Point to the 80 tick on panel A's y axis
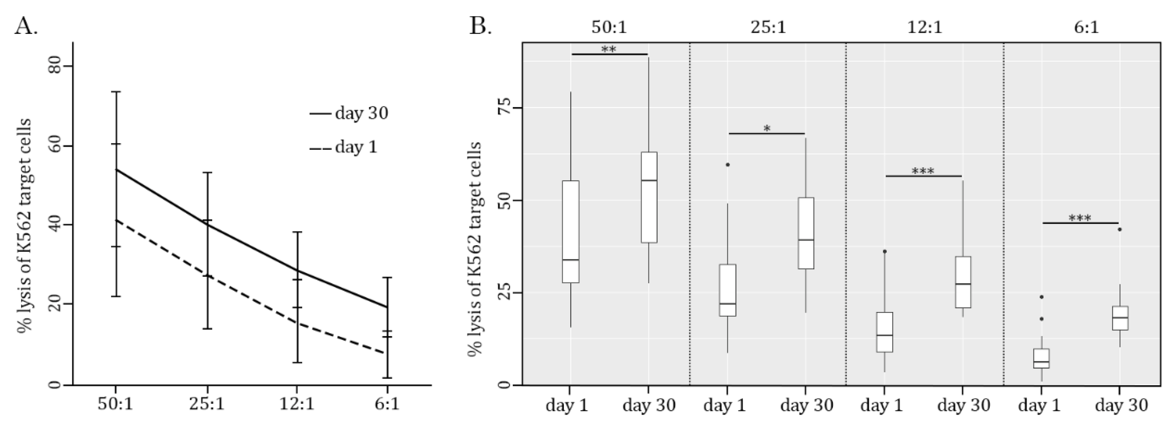(x=54, y=66)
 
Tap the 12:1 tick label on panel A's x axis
(x=297, y=404)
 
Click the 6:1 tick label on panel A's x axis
(x=387, y=404)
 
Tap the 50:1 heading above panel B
(x=609, y=27)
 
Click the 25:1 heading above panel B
(x=768, y=27)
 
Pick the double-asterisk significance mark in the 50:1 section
(x=609, y=49)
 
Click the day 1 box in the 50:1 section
(x=571, y=232)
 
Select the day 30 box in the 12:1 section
(x=963, y=282)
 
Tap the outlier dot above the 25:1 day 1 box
(x=728, y=165)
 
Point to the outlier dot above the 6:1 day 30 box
(x=1119, y=229)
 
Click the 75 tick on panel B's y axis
(x=503, y=108)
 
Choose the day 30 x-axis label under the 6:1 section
(x=1121, y=405)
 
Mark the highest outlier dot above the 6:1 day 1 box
(x=1041, y=297)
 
